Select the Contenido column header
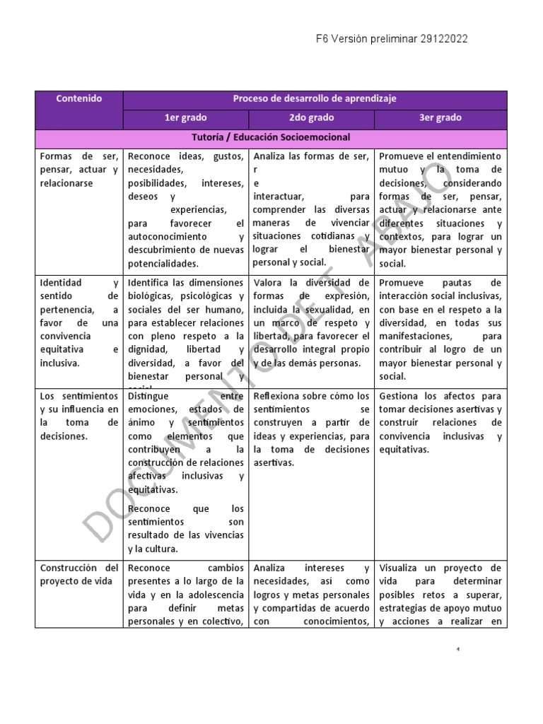(79, 99)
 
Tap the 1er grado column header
(185, 118)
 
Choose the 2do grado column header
(311, 118)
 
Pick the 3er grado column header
(440, 118)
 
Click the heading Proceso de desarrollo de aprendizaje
(315, 99)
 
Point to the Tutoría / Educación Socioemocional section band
(271, 137)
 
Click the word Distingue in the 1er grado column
(149, 396)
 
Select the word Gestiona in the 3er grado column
(401, 396)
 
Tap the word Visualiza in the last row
(401, 568)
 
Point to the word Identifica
(151, 283)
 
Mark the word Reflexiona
(281, 396)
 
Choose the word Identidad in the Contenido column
(61, 283)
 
